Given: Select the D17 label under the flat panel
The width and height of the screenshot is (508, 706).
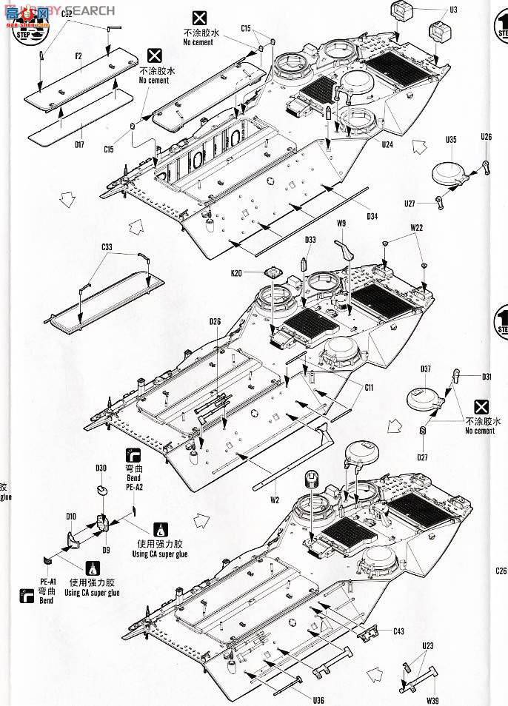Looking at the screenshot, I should click(79, 145).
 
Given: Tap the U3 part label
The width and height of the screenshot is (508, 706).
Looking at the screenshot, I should click(453, 10).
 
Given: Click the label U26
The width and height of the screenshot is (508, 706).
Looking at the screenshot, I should click(486, 137).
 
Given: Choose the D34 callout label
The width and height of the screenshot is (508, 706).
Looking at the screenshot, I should click(372, 216).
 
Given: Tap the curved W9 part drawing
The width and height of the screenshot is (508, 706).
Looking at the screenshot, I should click(344, 249).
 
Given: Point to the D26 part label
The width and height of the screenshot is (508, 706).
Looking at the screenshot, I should click(215, 321).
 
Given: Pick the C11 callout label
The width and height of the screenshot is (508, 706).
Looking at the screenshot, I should click(369, 387).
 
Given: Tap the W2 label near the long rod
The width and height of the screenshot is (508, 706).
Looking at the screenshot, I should click(274, 500).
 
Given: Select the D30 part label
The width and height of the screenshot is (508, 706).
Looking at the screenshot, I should click(101, 467).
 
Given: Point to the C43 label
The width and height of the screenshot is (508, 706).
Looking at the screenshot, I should click(398, 631).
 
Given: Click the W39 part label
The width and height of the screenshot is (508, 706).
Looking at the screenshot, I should click(432, 700).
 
